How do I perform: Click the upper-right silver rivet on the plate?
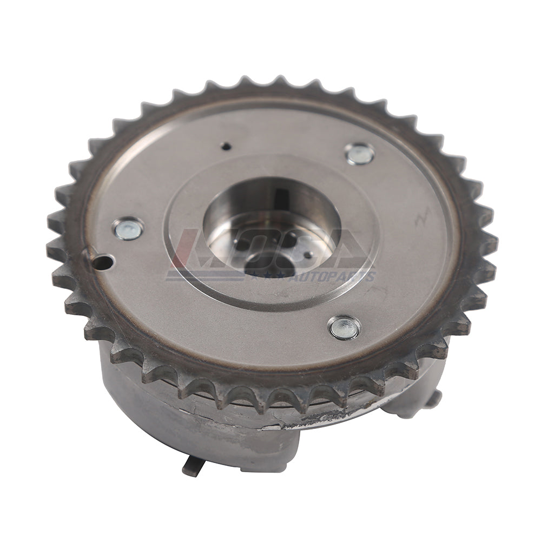coord(360,154)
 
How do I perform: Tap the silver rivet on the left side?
coord(128,228)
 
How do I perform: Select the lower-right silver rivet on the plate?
coord(344,328)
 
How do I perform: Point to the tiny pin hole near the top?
coord(227,146)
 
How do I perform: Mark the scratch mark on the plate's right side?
coord(421,217)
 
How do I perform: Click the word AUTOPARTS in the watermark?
coord(340,277)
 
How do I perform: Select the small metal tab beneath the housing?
coord(190,466)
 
